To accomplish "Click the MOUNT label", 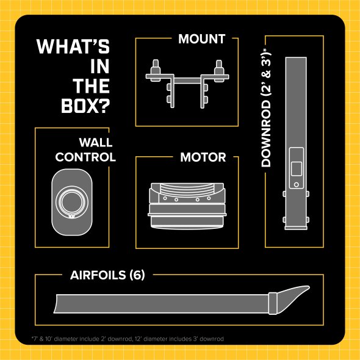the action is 201,39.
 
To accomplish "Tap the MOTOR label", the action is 203,157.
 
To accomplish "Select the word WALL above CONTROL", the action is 96,142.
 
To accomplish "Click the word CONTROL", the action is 85,157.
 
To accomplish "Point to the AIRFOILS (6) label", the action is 107,275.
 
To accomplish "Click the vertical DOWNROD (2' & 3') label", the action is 266,108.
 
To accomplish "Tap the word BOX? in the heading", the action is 85,106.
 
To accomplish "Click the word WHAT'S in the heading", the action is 73,46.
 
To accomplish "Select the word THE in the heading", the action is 91,86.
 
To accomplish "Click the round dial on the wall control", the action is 72,202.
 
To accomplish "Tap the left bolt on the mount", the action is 156,70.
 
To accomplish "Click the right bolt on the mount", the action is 219,70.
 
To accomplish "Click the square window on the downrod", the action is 297,169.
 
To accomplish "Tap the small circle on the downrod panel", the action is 297,185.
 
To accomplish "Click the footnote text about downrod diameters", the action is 128,339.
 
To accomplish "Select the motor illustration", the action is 187,206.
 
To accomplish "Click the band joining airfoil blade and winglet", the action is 273,303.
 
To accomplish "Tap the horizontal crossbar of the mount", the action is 187,81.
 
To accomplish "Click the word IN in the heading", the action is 99,67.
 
